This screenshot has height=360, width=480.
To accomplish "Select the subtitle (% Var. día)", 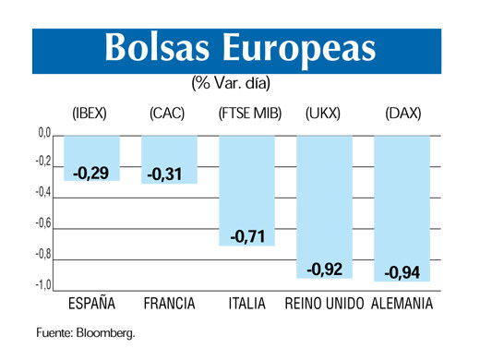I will click(236, 84).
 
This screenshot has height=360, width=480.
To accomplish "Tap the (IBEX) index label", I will click(90, 114).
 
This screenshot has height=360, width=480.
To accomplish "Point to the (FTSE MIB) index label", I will click(248, 114).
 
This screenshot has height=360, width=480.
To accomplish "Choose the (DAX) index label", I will click(402, 114).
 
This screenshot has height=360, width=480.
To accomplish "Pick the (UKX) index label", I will click(324, 114).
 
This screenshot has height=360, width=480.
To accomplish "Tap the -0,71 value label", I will click(246, 237).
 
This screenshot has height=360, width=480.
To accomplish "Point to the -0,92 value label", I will click(324, 269).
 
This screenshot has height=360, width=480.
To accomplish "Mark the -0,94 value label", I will click(402, 272).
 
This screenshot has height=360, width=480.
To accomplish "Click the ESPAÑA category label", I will click(92, 304).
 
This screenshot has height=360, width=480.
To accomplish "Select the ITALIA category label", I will click(246, 304).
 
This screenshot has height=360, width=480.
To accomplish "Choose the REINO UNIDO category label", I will click(324, 304).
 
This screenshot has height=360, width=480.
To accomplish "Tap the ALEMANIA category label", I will click(402, 304).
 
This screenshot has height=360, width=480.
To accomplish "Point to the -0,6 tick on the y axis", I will click(44, 223).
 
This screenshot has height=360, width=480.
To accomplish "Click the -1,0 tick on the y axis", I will click(44, 285).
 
